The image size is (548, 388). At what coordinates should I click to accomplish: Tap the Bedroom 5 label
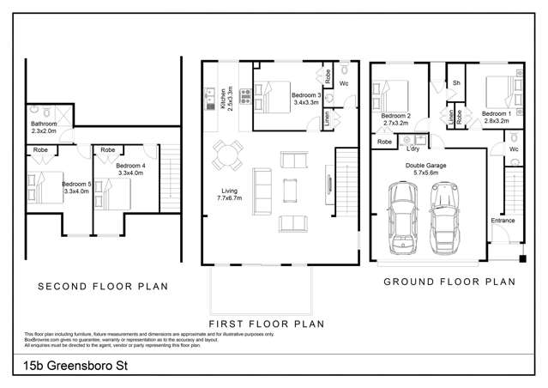point(76,187)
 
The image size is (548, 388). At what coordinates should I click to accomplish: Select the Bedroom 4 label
point(131,169)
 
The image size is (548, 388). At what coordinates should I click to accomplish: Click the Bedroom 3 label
point(306,100)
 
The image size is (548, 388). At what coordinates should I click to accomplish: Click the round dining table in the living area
point(229,156)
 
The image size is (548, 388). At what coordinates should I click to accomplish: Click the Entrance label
point(503,221)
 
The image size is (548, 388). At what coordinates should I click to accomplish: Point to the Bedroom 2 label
point(396,119)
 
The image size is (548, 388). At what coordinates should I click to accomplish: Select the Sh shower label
point(456,83)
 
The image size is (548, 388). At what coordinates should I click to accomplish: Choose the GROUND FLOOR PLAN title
point(449,282)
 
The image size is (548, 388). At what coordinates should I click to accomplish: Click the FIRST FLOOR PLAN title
point(268,324)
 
